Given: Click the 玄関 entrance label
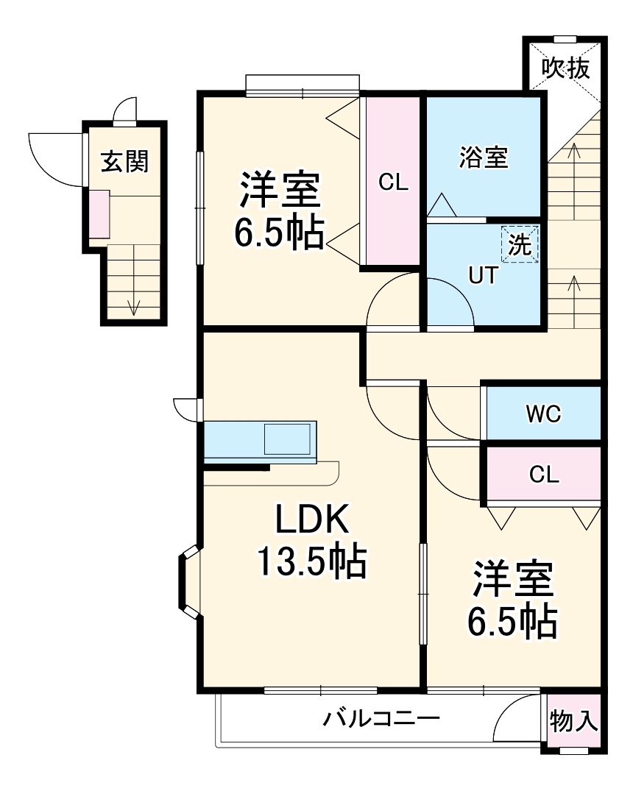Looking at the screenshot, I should [124, 161].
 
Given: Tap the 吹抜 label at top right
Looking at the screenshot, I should [566, 68].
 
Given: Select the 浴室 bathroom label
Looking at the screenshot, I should [484, 157].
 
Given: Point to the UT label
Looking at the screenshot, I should [483, 276].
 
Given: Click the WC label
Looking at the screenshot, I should [543, 414].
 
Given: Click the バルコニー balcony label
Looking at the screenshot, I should [381, 718].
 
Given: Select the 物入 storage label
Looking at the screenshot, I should [574, 721].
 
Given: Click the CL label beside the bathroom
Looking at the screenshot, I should [393, 182].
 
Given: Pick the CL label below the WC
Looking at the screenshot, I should [544, 475].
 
